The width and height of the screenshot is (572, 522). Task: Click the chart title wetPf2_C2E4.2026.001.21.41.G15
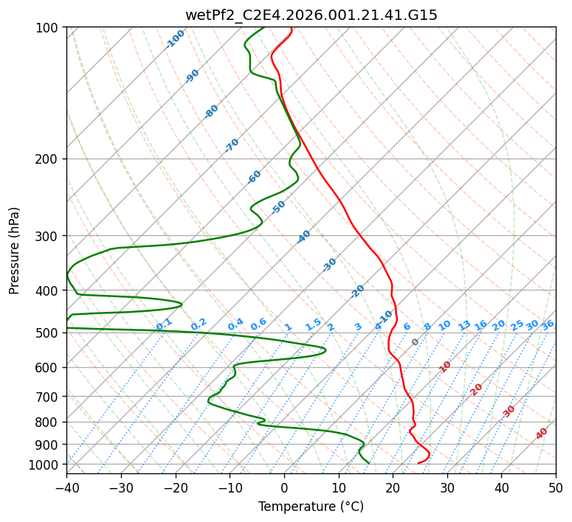point(311,15)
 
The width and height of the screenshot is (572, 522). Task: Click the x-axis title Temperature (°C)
point(311,507)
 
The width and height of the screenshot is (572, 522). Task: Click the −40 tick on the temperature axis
point(66,487)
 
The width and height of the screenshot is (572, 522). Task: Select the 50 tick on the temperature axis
point(556,487)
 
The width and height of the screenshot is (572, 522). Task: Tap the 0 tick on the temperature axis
point(284,487)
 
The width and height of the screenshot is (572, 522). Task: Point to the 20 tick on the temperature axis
point(393,487)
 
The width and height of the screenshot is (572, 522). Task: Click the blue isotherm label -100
point(176,39)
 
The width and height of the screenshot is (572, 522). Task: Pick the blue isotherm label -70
point(232,145)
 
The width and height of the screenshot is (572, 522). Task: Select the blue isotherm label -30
point(329,265)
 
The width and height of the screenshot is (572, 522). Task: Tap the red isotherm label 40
point(542,434)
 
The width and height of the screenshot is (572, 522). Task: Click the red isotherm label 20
point(477,389)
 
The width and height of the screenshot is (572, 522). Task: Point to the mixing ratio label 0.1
point(164,324)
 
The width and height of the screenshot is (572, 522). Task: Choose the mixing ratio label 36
point(548,324)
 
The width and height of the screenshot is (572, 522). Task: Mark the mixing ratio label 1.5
point(313,324)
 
